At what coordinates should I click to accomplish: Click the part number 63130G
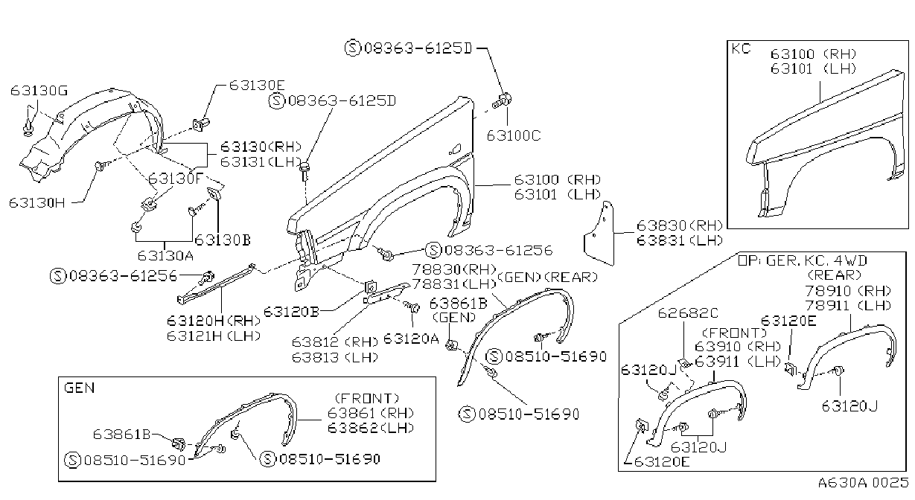pyautogui.click(x=39, y=90)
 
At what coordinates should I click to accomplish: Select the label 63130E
pyautogui.click(x=257, y=85)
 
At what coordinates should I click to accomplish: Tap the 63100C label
pyautogui.click(x=514, y=135)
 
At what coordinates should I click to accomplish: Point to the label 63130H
pyautogui.click(x=36, y=202)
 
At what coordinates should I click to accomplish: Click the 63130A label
pyautogui.click(x=165, y=255)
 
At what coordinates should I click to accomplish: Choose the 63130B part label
pyautogui.click(x=222, y=240)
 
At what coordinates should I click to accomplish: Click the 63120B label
pyautogui.click(x=291, y=312)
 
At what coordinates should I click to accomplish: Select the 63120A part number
pyautogui.click(x=411, y=339)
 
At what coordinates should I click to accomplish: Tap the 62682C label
pyautogui.click(x=688, y=313)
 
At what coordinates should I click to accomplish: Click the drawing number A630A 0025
pyautogui.click(x=863, y=482)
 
